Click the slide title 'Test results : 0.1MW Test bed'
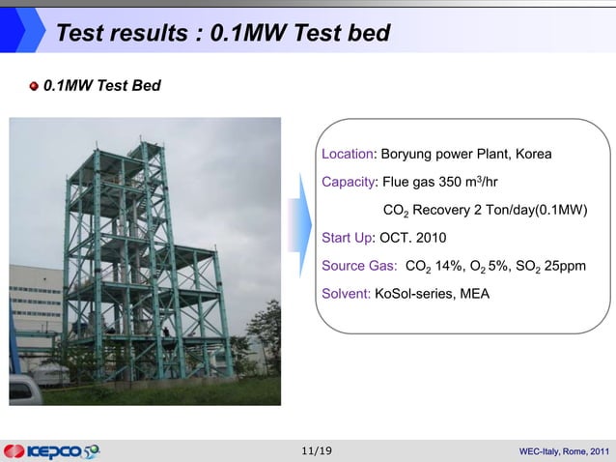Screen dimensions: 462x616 (x=223, y=34)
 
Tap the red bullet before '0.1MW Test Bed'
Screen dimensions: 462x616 (x=34, y=87)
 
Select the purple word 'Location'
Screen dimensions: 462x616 (x=348, y=154)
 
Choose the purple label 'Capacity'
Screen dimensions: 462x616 (x=349, y=182)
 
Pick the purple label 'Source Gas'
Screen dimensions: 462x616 (x=356, y=266)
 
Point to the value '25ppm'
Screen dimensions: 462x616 (x=565, y=266)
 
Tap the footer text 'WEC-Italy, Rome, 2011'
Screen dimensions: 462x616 (x=564, y=451)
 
